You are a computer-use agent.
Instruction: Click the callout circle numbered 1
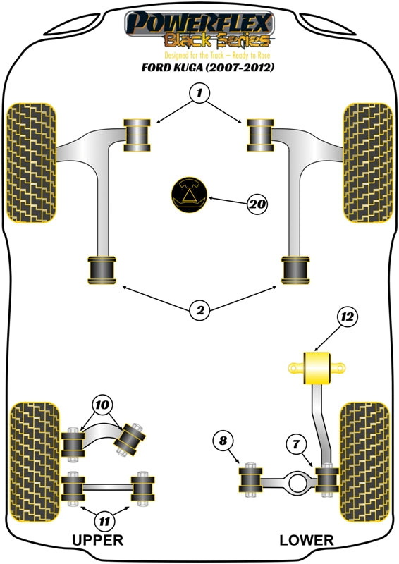pos(199,92)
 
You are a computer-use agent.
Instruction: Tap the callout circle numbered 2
pos(199,309)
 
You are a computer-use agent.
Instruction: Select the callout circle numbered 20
pos(258,204)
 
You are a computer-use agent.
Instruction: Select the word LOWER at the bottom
pos(306,540)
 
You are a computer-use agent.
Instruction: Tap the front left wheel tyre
pos(31,162)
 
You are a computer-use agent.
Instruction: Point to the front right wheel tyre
pos(367,162)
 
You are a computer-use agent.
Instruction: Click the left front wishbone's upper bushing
pos(138,135)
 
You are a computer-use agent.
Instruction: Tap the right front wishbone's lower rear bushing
pos(297,270)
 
